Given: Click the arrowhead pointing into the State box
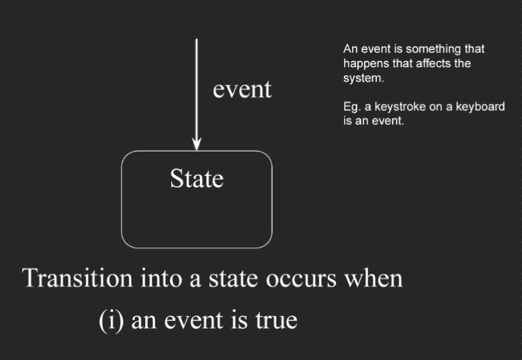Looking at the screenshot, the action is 197,145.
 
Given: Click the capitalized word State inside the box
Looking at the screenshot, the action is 197,179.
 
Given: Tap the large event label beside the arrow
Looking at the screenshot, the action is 242,89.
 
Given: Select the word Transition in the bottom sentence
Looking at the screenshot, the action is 77,278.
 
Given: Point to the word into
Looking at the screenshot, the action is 162,278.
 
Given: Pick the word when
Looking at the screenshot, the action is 374,278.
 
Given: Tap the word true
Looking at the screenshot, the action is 277,320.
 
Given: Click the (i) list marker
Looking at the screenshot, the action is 112,321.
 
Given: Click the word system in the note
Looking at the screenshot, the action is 363,79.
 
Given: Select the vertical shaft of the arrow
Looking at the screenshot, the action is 197,90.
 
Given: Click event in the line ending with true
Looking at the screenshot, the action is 193,321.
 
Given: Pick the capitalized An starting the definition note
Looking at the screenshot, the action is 350,49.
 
